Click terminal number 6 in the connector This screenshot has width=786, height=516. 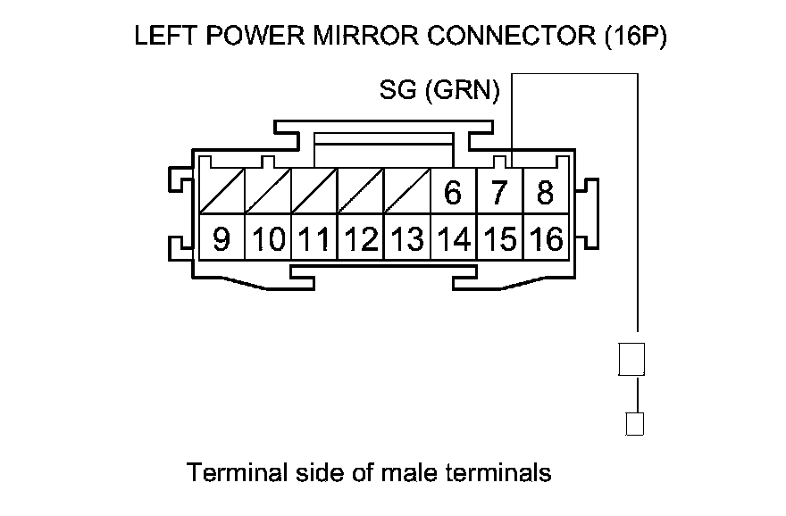(x=453, y=193)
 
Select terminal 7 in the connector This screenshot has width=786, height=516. (x=499, y=193)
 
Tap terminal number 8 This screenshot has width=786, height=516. (x=545, y=193)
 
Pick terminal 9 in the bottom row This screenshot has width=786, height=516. (x=222, y=239)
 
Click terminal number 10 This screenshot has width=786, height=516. (x=268, y=239)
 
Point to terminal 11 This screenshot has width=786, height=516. (x=314, y=239)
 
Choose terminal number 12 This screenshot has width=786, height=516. (x=361, y=239)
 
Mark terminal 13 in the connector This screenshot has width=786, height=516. (x=406, y=239)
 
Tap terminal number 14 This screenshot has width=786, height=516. (x=453, y=239)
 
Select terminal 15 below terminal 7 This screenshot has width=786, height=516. (x=499, y=239)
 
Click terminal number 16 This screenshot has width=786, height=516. (x=545, y=239)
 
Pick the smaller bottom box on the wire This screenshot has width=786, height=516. (x=635, y=423)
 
